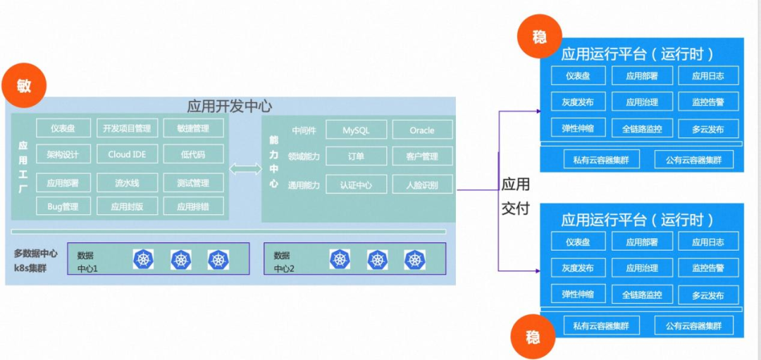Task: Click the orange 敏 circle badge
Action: tap(24, 86)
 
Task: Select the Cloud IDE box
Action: tap(127, 154)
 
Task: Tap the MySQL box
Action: tap(356, 130)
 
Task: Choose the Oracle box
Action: tap(422, 130)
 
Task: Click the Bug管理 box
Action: tap(63, 206)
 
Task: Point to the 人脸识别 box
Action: tap(422, 185)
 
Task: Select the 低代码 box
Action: tap(193, 154)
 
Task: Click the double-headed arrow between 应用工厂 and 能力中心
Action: tap(245, 169)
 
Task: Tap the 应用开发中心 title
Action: tap(229, 106)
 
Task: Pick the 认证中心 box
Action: tap(356, 185)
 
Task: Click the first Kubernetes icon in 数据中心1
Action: tap(144, 260)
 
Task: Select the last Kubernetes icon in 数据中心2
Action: tap(414, 259)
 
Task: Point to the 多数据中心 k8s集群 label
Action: tap(36, 260)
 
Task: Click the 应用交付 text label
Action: tap(515, 197)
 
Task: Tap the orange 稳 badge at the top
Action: tap(539, 37)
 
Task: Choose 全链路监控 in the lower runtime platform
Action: tap(642, 294)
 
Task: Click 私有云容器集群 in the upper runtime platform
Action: tap(601, 160)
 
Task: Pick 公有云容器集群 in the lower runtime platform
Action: tap(694, 325)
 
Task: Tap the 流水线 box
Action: tap(127, 183)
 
